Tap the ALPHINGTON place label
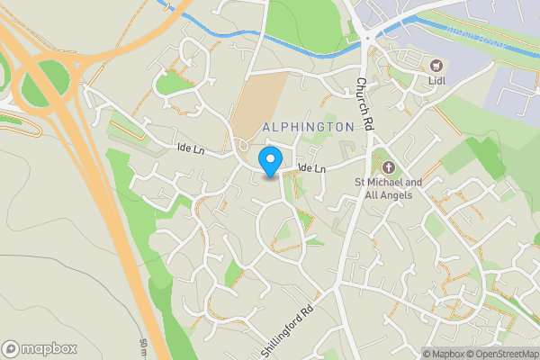pyautogui.click(x=309, y=128)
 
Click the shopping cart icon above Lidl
pyautogui.click(x=438, y=66)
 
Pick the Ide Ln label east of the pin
pyautogui.click(x=310, y=168)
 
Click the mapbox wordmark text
pyautogui.click(x=49, y=348)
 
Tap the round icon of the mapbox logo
pyautogui.click(x=11, y=348)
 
